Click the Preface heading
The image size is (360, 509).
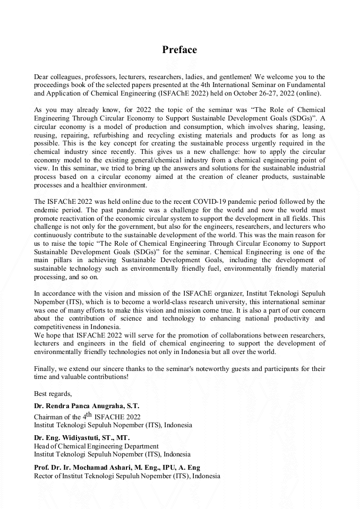point(179,50)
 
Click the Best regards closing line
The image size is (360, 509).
point(53,393)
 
